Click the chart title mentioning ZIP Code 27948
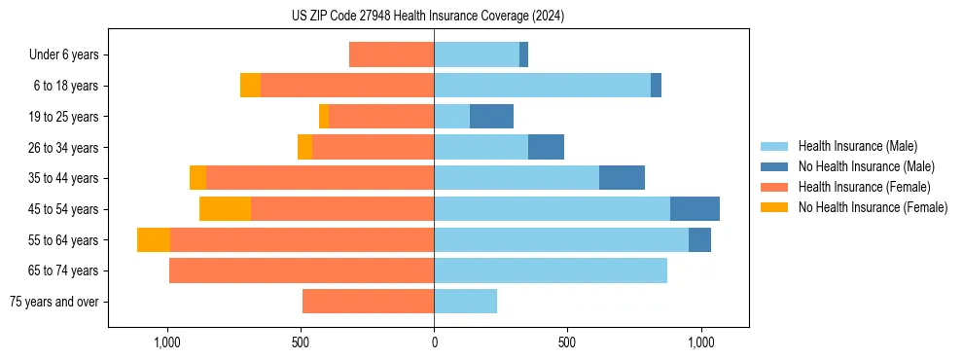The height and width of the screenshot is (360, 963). pyautogui.click(x=428, y=17)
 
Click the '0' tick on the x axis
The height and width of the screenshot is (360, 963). pyautogui.click(x=434, y=343)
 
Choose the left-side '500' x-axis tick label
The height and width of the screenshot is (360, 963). pyautogui.click(x=301, y=343)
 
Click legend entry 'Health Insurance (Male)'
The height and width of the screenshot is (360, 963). pyautogui.click(x=857, y=146)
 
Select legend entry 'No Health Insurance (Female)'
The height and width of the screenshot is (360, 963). pyautogui.click(x=873, y=207)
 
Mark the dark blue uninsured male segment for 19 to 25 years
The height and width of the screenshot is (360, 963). pyautogui.click(x=491, y=116)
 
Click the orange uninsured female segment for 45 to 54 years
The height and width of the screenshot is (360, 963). pyautogui.click(x=225, y=208)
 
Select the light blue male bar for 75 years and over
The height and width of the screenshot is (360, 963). pyautogui.click(x=465, y=302)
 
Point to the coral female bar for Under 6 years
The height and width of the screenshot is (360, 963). pyautogui.click(x=391, y=54)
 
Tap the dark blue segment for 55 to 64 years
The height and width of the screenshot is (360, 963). pyautogui.click(x=699, y=239)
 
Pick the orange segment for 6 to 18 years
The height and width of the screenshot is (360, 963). pyautogui.click(x=250, y=86)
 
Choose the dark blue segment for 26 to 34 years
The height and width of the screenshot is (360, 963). pyautogui.click(x=546, y=147)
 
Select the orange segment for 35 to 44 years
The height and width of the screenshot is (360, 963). pyautogui.click(x=197, y=178)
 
